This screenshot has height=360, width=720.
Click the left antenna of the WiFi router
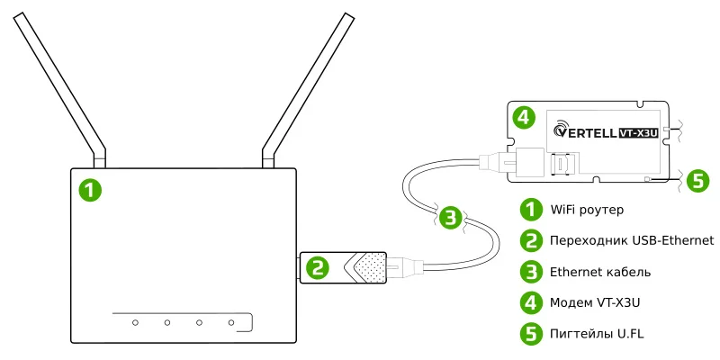pyautogui.click(x=58, y=85)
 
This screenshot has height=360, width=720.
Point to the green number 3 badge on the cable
pyautogui.click(x=453, y=217)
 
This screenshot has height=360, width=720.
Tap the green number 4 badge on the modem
pyautogui.click(x=524, y=117)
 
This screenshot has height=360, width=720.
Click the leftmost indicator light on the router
pyautogui.click(x=134, y=321)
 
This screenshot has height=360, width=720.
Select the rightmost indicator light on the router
pyautogui.click(x=231, y=321)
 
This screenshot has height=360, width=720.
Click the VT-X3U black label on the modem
pyautogui.click(x=640, y=132)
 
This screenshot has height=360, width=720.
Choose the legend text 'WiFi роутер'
pyautogui.click(x=586, y=210)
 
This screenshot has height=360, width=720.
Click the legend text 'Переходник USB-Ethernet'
pyautogui.click(x=631, y=240)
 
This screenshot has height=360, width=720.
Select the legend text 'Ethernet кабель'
pyautogui.click(x=600, y=271)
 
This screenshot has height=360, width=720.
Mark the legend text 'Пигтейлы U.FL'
pyautogui.click(x=596, y=333)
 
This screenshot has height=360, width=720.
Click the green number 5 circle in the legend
pyautogui.click(x=533, y=333)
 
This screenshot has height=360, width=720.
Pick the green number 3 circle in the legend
pyautogui.click(x=533, y=271)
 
